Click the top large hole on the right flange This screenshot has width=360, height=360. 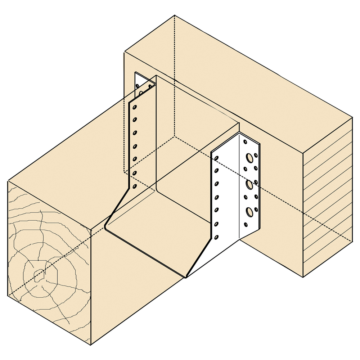click(x=249, y=157)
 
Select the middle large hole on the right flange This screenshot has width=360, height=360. click(x=249, y=185)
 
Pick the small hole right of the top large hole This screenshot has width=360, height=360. click(x=256, y=156)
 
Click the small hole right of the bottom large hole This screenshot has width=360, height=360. click(x=256, y=209)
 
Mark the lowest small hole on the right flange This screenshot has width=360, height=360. click(x=246, y=225)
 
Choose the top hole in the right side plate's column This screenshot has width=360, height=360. click(x=217, y=158)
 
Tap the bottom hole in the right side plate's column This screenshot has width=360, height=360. click(x=216, y=237)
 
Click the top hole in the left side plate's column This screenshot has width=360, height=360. click(x=135, y=107)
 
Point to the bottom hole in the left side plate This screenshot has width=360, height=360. click(x=135, y=186)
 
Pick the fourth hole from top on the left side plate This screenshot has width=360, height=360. click(x=135, y=146)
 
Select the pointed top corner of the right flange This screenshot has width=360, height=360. click(x=239, y=133)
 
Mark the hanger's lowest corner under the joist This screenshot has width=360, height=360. click(x=186, y=278)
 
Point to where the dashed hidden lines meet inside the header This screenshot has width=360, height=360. click(x=175, y=137)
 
